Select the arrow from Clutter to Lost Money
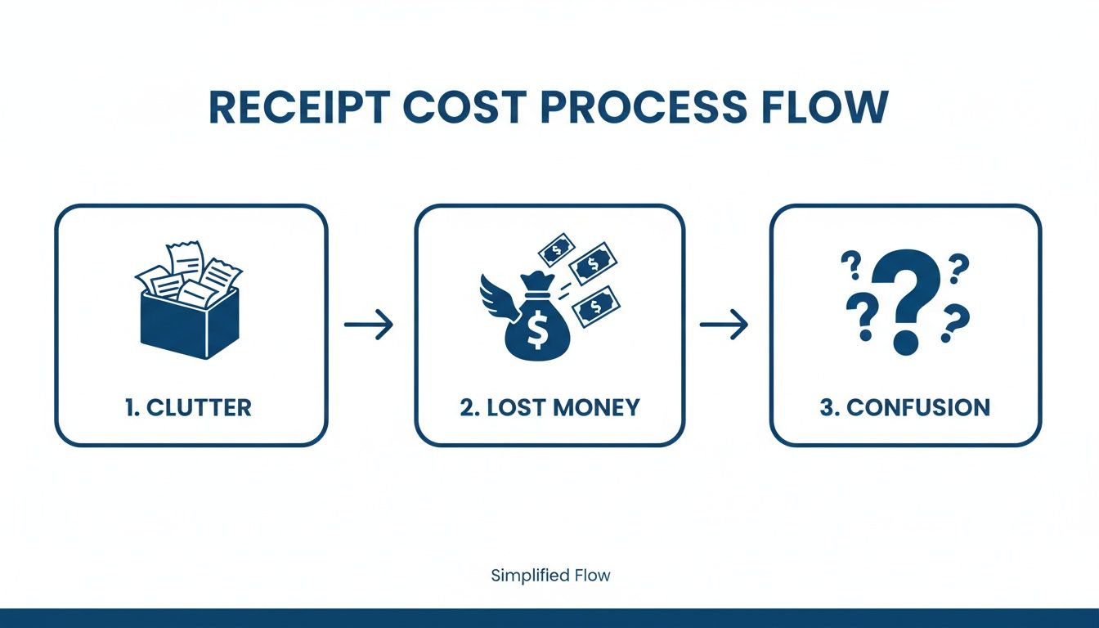tap(369, 325)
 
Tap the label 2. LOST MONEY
tap(549, 407)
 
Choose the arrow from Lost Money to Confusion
tap(724, 325)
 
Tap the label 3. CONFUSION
tap(904, 407)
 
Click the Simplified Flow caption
tap(550, 576)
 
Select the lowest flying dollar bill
tap(596, 308)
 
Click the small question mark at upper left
tap(852, 266)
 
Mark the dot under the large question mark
tap(904, 342)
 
